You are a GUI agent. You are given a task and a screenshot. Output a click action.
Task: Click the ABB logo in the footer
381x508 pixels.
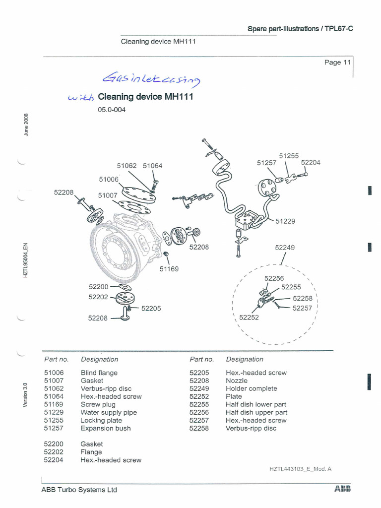point(342,489)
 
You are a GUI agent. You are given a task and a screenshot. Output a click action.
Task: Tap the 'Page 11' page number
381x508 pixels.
point(337,63)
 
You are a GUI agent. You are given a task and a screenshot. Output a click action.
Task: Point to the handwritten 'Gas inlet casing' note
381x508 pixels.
point(151,79)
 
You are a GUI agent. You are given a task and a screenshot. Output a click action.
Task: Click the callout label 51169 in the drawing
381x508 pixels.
point(169,269)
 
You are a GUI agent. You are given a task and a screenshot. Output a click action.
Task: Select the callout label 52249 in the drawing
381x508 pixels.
point(285,247)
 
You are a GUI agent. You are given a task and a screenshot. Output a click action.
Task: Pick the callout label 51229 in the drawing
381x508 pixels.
point(285,221)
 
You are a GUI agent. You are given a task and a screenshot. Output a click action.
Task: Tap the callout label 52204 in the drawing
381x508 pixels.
point(311,162)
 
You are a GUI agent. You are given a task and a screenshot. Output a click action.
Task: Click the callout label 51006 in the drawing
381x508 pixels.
point(109,179)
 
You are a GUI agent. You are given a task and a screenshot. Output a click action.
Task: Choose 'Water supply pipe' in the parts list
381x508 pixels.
point(109,412)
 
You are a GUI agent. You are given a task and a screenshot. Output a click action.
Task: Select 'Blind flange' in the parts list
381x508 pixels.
point(99,373)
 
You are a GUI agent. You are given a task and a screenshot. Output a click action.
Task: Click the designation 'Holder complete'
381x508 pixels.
point(251,388)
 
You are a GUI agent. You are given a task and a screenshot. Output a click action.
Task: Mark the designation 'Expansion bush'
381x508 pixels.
point(106,428)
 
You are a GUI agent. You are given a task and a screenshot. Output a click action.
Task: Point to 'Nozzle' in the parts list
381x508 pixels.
point(237,381)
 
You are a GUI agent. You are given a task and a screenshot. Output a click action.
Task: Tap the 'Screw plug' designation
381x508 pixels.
point(98,404)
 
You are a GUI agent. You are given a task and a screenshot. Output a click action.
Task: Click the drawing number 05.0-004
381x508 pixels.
point(112,110)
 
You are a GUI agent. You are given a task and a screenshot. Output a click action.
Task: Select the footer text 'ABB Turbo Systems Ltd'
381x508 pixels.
point(79,490)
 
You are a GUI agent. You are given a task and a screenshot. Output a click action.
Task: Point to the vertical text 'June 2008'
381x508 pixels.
point(26,125)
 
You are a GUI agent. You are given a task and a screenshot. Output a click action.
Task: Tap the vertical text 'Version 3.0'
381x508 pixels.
point(25,394)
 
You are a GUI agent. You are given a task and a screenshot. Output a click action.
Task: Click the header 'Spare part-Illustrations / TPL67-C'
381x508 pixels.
point(300,29)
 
